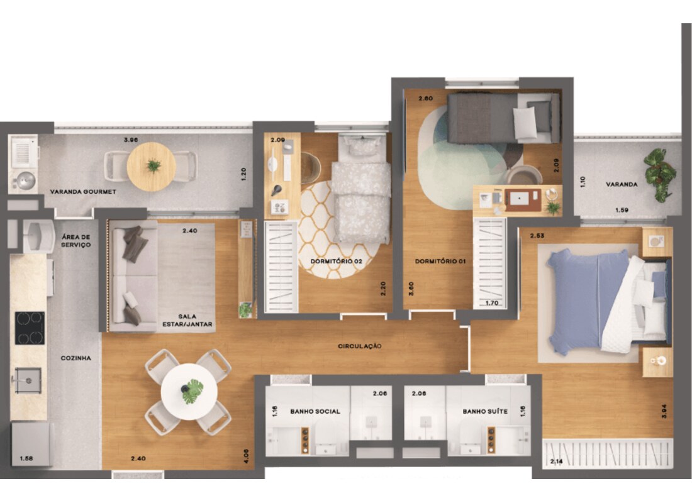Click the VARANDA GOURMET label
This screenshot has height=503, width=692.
pos(83,192)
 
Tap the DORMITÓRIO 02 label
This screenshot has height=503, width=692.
pos(337,261)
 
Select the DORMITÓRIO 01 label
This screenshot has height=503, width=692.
pos(440,261)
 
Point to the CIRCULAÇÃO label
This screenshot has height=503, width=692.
pos(359,346)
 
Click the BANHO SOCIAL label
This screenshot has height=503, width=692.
pos(315,411)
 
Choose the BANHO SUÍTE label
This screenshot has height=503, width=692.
pos(485,411)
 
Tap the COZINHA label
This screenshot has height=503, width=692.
pos(76,358)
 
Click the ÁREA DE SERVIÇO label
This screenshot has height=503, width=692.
pos(76,241)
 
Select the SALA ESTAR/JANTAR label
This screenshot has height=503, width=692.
pos(187,320)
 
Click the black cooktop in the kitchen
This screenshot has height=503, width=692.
pos(30,328)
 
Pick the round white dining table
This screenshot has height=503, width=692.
pos(189,391)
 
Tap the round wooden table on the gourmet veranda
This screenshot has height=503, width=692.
pos(152,167)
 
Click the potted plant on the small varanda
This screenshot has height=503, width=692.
pos(659,175)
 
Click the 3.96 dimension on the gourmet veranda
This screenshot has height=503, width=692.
pos(131,140)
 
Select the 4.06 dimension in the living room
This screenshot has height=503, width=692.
pos(246,456)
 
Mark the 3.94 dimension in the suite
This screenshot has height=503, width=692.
pos(664,411)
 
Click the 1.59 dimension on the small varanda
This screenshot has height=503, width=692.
pos(622,211)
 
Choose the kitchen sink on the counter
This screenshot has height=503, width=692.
pos(28,380)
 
